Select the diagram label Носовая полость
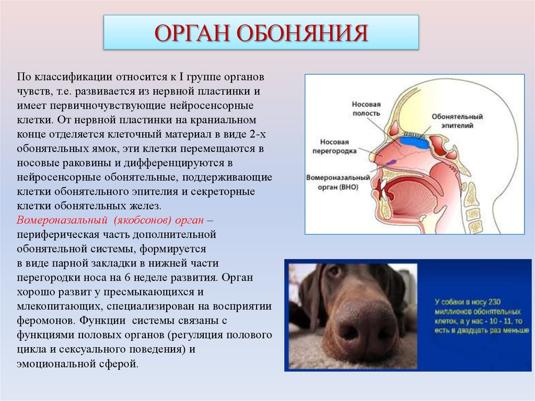(366, 108)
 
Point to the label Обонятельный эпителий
(457, 121)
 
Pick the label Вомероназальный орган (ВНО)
(338, 182)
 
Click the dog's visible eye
(333, 271)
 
